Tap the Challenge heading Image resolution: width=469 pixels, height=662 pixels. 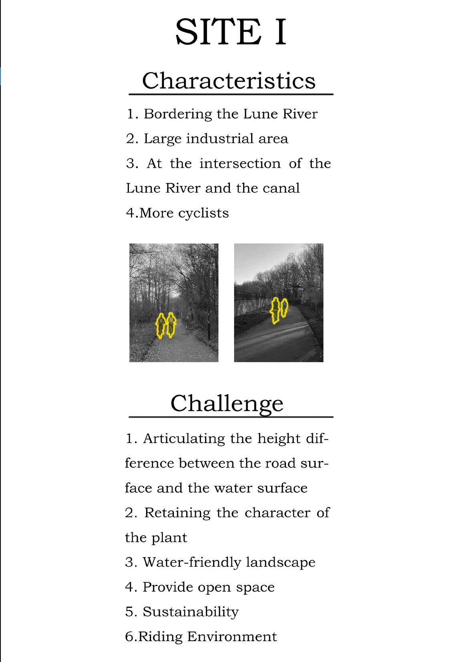pyautogui.click(x=227, y=403)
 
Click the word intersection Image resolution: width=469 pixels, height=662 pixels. pyautogui.click(x=240, y=164)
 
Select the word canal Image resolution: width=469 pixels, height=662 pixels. pyautogui.click(x=281, y=188)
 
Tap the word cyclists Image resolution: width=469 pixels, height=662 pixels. pyautogui.click(x=203, y=213)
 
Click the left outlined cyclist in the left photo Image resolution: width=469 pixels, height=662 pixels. pyautogui.click(x=161, y=325)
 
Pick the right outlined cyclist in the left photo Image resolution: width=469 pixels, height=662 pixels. pyautogui.click(x=171, y=325)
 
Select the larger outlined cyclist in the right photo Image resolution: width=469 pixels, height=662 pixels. pyautogui.click(x=275, y=311)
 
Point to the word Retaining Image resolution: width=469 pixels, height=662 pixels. pyautogui.click(x=177, y=513)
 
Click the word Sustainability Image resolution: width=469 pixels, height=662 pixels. pyautogui.click(x=190, y=612)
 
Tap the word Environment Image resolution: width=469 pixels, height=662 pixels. pyautogui.click(x=232, y=637)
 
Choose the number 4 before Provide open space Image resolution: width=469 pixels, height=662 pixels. pyautogui.click(x=129, y=587)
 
